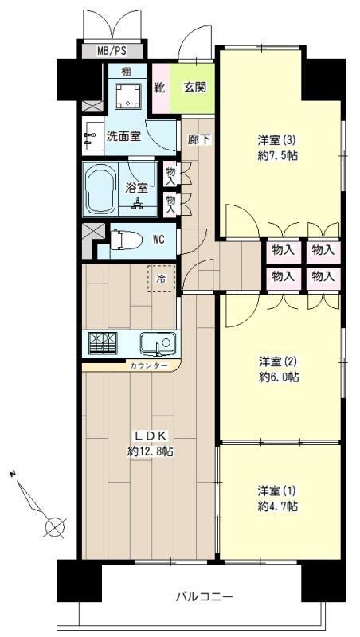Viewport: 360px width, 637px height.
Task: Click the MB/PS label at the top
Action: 112,51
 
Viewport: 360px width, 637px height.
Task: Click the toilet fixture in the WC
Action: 126,240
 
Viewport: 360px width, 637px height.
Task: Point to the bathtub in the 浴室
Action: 101,190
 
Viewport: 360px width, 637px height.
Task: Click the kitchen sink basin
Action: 158,344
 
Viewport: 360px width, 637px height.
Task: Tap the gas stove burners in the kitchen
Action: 103,343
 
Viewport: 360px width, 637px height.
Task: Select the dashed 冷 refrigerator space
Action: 162,278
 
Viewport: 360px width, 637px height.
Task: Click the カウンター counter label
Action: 149,365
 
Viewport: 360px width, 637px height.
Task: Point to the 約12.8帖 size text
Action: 151,451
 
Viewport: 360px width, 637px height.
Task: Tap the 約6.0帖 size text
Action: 279,377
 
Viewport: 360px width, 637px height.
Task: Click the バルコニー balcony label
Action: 205,597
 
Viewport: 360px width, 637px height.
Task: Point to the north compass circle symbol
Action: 55,527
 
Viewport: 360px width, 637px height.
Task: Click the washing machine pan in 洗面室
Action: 128,96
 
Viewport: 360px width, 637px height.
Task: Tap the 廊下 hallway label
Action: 199,139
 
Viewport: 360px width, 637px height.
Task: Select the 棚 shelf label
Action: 127,72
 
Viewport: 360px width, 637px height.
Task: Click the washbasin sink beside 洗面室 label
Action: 92,136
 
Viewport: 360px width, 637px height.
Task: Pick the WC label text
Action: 158,240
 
